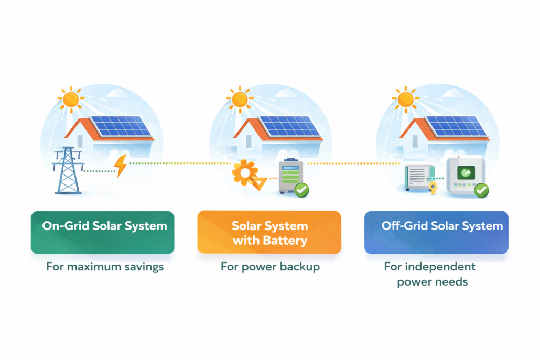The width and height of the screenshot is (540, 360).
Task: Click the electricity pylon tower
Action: pyautogui.click(x=68, y=170)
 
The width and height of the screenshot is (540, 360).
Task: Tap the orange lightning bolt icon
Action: pyautogui.click(x=121, y=166)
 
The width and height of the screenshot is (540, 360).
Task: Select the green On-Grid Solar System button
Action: pyautogui.click(x=102, y=232)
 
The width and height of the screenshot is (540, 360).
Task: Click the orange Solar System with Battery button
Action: pyautogui.click(x=269, y=232)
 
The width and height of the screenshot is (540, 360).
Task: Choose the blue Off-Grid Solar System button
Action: pyautogui.click(x=436, y=232)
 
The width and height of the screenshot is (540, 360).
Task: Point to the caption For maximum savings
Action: pyautogui.click(x=105, y=267)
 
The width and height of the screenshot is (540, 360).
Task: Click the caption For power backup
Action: pyautogui.click(x=270, y=267)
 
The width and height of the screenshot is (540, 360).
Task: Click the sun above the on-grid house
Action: pyautogui.click(x=70, y=99)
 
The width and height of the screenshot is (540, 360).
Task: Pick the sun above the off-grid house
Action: pyautogui.click(x=405, y=99)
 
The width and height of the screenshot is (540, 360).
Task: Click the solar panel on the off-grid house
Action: pyautogui.click(x=455, y=126)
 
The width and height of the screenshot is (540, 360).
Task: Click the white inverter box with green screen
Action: pyautogui.click(x=465, y=174)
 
